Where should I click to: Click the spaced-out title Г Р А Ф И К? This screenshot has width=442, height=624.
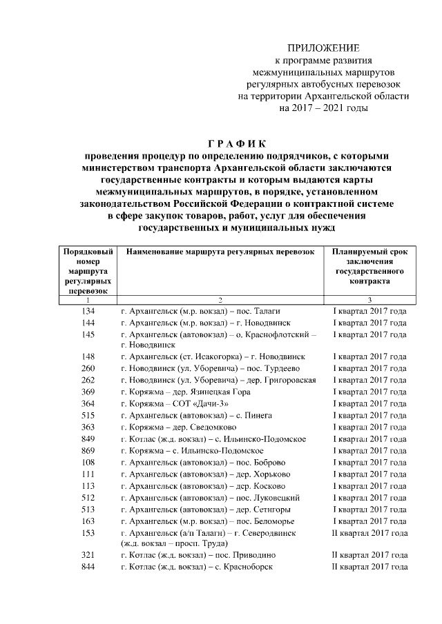click(x=220, y=143)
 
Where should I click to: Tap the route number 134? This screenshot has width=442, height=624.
click(x=88, y=312)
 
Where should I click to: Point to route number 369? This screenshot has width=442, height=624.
click(x=88, y=392)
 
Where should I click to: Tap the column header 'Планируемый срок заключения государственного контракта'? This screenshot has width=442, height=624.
click(x=369, y=267)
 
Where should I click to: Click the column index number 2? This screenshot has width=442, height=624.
click(x=220, y=300)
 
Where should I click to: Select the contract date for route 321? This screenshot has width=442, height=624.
click(x=369, y=554)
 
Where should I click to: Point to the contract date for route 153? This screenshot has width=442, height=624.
click(x=369, y=532)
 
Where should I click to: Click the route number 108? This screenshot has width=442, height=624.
click(x=88, y=462)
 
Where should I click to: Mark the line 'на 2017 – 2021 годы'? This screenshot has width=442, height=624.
click(x=323, y=108)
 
